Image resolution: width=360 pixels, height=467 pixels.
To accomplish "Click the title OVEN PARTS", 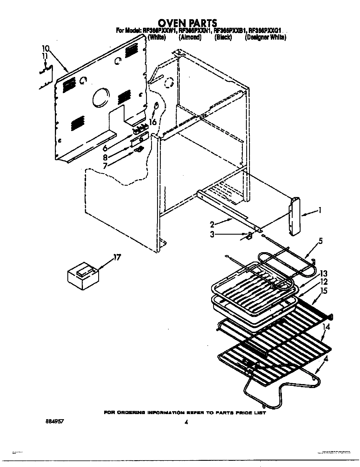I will coord(187,23).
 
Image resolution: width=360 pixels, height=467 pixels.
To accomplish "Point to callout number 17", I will coord(117,257).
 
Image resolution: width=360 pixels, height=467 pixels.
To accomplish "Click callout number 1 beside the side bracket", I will coord(320,210).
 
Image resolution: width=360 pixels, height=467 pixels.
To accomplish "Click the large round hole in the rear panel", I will coord(100,97).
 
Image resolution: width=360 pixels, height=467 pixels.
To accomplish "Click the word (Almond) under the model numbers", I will coord(190,37).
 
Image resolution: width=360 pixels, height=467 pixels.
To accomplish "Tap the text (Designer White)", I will coord(265,37).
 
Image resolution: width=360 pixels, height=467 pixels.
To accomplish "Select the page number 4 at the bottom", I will coord(186,423).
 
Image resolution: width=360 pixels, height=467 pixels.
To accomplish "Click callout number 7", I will coord(105,166).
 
